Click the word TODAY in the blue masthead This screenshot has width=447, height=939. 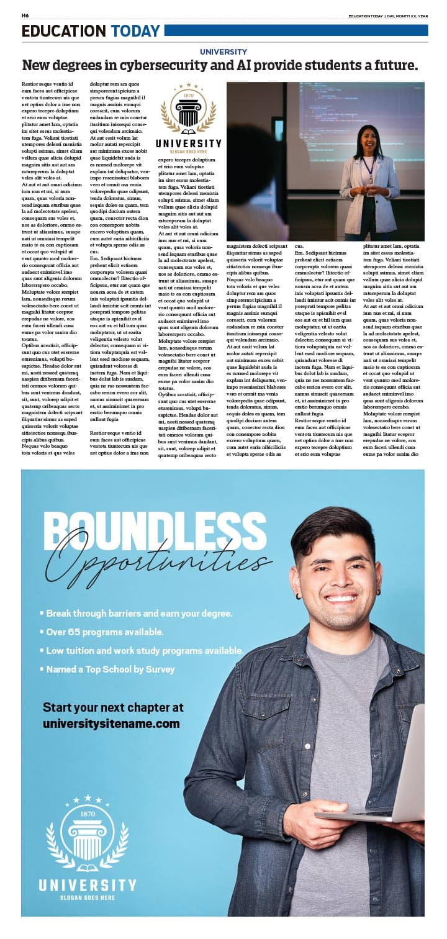135,31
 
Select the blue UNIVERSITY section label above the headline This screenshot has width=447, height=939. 223,52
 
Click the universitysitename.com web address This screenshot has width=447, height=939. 111,724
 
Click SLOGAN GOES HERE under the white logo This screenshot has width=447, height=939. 88,898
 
